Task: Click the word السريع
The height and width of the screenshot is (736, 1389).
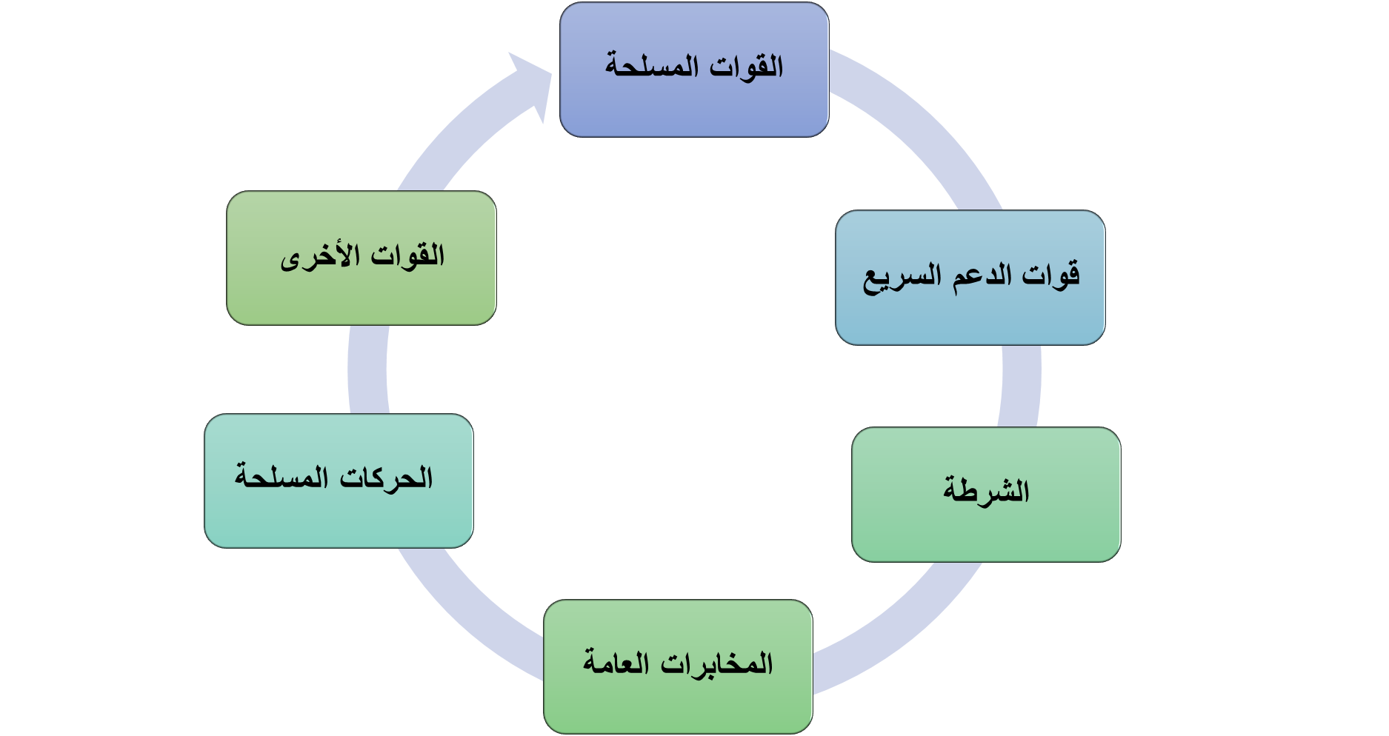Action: click(x=899, y=278)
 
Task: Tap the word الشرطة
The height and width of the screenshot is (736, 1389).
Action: click(x=986, y=492)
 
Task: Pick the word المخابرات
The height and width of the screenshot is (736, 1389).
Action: click(x=716, y=663)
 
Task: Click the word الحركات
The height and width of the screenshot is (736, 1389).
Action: click(x=386, y=478)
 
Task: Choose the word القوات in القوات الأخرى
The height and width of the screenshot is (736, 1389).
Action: click(x=407, y=256)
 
